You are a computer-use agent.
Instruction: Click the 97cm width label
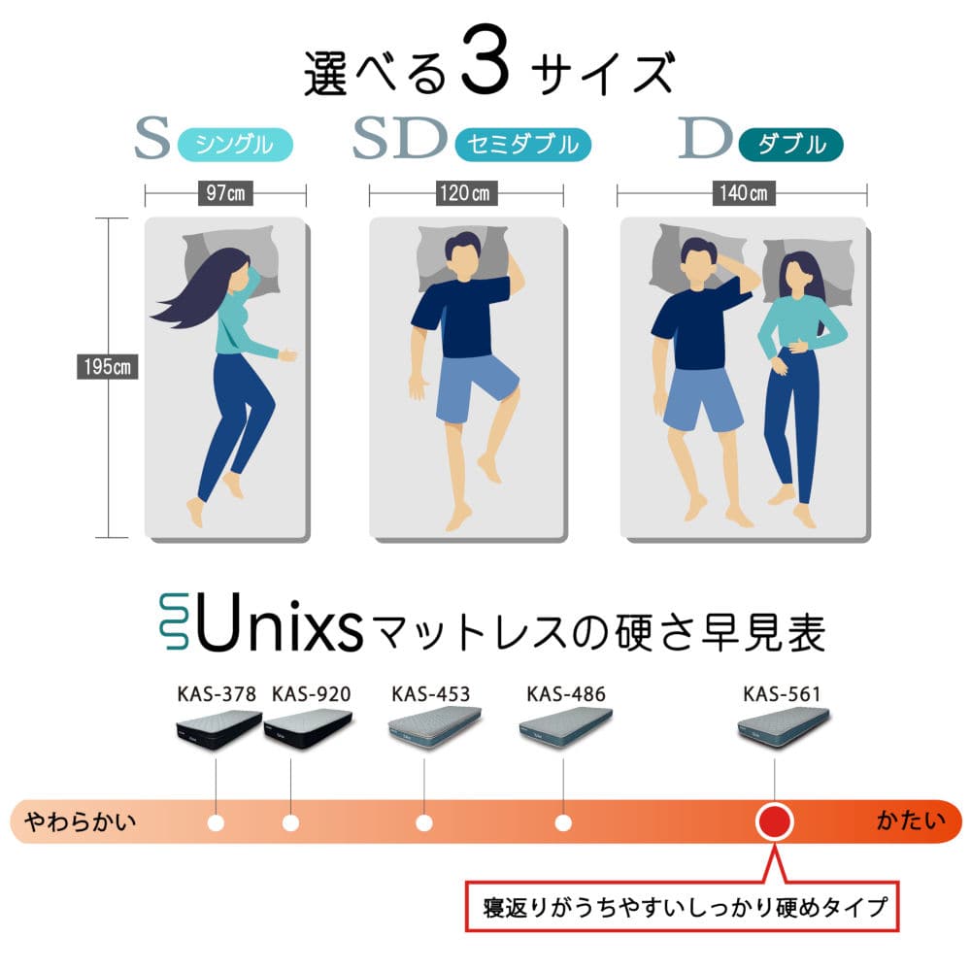[x=225, y=193]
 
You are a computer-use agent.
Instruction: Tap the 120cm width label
[x=465, y=193]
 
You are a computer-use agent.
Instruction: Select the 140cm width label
[x=743, y=193]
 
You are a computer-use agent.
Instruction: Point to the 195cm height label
[x=107, y=367]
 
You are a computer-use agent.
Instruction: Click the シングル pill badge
[x=235, y=145]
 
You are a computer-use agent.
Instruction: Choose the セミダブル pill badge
[x=522, y=145]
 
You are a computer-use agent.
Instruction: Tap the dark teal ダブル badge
[x=790, y=145]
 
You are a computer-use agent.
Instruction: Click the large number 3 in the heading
[x=485, y=60]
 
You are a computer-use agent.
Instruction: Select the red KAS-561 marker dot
[x=774, y=821]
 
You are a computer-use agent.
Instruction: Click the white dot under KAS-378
[x=216, y=823]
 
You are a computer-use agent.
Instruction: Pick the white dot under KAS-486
[x=563, y=823]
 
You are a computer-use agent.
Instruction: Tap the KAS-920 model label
[x=311, y=694]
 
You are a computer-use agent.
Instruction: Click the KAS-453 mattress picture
[x=434, y=727]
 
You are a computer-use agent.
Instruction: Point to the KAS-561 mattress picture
[x=783, y=727]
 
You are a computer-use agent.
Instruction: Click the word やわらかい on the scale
[x=80, y=822]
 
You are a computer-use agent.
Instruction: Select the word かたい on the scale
[x=911, y=821]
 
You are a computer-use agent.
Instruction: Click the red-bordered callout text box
[x=682, y=906]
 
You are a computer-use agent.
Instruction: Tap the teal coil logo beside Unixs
[x=174, y=621]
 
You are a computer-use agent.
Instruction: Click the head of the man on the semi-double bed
[x=462, y=257]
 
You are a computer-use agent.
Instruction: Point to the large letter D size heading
[x=705, y=138]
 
